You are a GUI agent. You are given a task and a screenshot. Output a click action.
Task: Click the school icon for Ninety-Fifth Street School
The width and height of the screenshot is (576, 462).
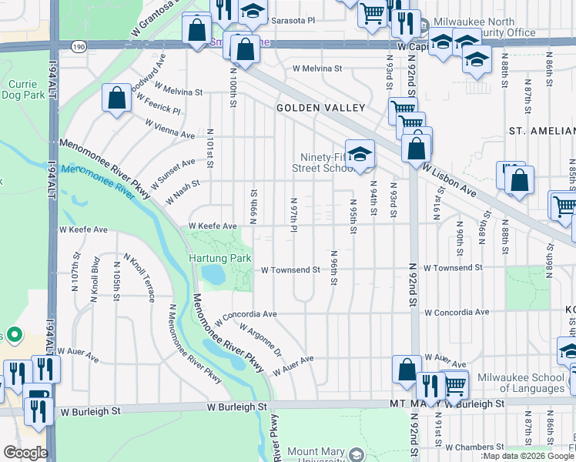coord(359,154)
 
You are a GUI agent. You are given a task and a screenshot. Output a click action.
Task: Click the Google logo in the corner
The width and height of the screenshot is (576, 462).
coord(25,453)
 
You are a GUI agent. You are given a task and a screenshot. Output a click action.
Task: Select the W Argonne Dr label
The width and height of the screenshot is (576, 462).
coord(261,340)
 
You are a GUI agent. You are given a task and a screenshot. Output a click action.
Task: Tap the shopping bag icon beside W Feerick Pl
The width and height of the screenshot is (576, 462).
coord(116,99)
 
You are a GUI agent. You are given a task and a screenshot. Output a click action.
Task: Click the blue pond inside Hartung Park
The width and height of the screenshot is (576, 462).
coord(213,273)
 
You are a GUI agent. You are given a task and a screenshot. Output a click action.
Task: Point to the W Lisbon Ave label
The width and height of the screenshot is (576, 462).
coord(462,180)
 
